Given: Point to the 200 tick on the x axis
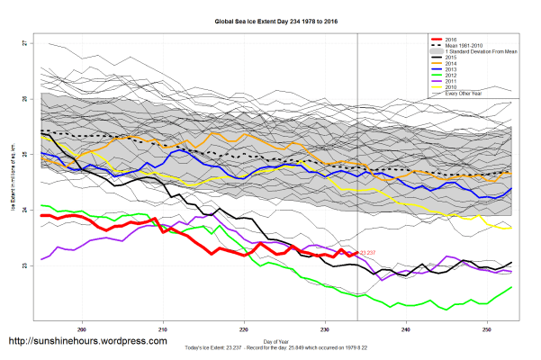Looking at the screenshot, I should tap(84, 328).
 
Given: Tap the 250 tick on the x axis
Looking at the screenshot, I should tap(487, 328).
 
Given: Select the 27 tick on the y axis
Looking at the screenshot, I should tap(24, 43).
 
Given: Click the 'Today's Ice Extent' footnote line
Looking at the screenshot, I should tap(269, 347).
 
